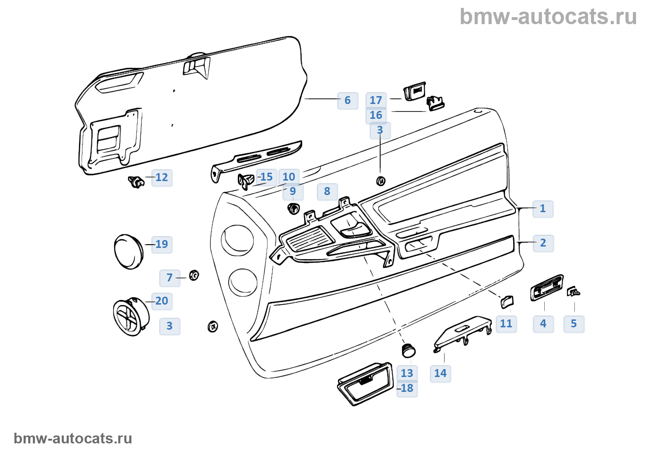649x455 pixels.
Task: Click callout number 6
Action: (347, 100)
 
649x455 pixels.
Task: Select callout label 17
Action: (375, 100)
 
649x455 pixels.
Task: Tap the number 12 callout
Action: (161, 177)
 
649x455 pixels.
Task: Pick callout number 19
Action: (161, 244)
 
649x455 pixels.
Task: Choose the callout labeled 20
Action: (161, 301)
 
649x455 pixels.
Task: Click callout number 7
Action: (169, 278)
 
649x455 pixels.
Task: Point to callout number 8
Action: (327, 191)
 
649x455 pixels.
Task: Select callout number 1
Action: (542, 208)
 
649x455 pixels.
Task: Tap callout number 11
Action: (506, 324)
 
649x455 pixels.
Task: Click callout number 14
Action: (440, 373)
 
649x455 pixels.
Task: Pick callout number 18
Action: (407, 388)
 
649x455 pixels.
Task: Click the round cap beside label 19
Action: (128, 251)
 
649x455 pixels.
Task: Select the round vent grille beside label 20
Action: (131, 317)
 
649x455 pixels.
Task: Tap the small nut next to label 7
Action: (194, 275)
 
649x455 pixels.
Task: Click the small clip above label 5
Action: (573, 292)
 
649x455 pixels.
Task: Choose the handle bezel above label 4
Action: (547, 288)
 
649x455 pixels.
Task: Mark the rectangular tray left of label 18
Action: (365, 383)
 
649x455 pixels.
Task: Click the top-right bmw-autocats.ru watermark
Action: (548, 17)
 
